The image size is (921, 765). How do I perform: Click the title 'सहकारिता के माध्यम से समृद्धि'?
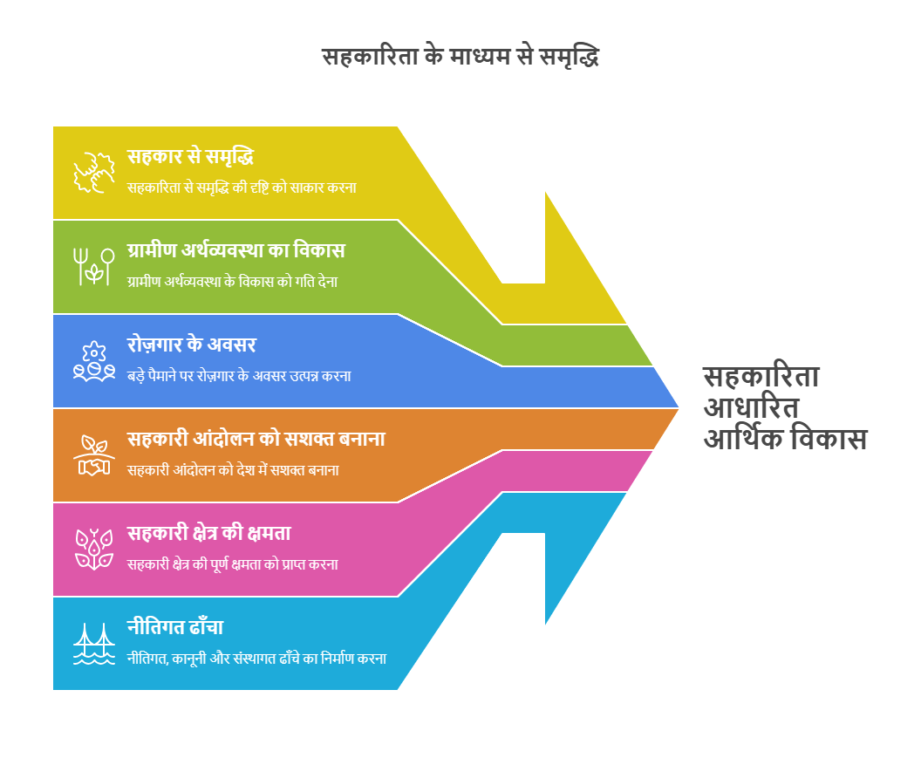coord(460,58)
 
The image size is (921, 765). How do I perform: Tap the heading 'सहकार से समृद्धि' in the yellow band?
coord(190,157)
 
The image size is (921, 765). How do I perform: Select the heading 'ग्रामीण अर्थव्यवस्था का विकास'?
coord(235,250)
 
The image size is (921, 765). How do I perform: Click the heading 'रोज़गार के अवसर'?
coord(192,345)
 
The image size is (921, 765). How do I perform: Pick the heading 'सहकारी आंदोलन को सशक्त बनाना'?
coord(256,439)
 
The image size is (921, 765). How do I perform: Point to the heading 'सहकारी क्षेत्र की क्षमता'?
coord(209,533)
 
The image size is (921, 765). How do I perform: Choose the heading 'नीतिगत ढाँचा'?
coord(175,626)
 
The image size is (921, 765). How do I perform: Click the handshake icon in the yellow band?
coord(94,173)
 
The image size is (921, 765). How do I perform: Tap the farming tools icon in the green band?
coord(94,267)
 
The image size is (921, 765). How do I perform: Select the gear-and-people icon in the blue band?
coord(94,361)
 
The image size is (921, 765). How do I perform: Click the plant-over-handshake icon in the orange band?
coord(94,455)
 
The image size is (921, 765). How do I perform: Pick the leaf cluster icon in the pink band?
coord(94,550)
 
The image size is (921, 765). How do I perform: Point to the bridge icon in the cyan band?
coord(94,644)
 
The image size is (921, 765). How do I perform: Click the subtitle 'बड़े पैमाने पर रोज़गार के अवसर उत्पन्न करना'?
coord(239,376)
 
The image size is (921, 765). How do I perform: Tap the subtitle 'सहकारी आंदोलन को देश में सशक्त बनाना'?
coord(233,470)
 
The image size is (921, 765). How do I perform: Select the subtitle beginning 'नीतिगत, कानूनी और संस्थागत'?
coord(256,659)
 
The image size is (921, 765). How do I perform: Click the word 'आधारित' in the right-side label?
coord(751,407)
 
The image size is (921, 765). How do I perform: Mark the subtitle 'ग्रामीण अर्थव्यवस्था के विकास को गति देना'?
coord(233,282)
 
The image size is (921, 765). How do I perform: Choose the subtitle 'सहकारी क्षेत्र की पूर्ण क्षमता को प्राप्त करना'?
coord(233,564)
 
